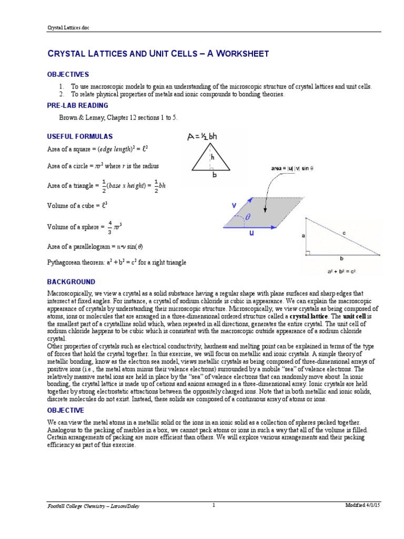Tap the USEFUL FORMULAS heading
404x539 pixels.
point(80,136)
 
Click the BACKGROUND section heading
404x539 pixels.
point(72,282)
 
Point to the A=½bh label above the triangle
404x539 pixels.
point(202,137)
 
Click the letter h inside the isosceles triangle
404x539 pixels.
point(212,157)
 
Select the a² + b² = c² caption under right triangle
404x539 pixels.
point(342,271)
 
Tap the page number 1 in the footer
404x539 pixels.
point(214,505)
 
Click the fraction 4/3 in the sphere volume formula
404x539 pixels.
point(110,227)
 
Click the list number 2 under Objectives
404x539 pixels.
point(61,94)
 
